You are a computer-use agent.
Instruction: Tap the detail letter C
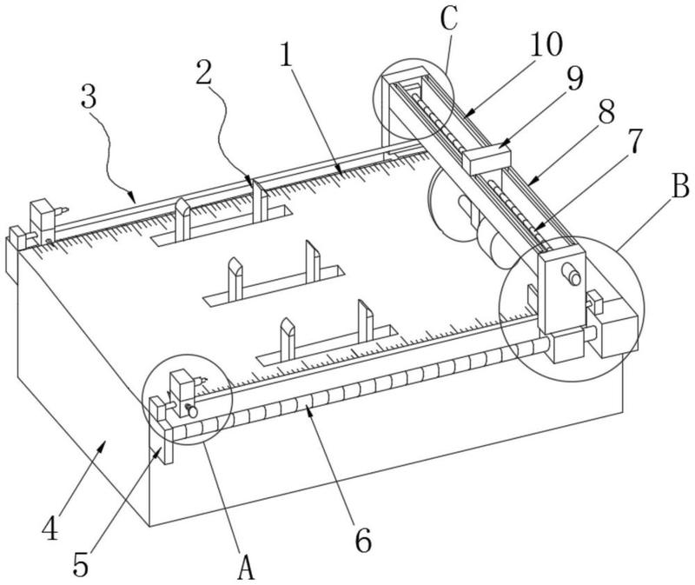coord(450,17)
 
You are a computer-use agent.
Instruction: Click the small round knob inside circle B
coord(573,275)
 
